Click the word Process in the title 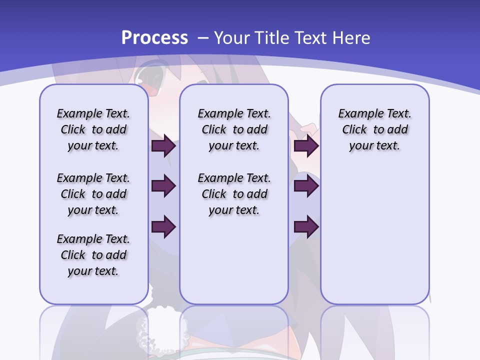coord(154,38)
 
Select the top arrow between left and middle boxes coord(163,146)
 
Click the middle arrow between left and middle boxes coord(163,186)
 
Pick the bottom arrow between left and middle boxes coord(163,226)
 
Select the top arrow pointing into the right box coord(306,146)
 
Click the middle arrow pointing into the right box coord(306,186)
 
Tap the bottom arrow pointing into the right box coord(306,226)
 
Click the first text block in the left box coord(93,129)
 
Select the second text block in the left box coord(93,194)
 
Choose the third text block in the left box coord(93,255)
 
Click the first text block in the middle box coord(234,129)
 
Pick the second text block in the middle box coord(234,194)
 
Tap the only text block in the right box coord(375,129)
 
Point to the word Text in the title coord(310,38)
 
